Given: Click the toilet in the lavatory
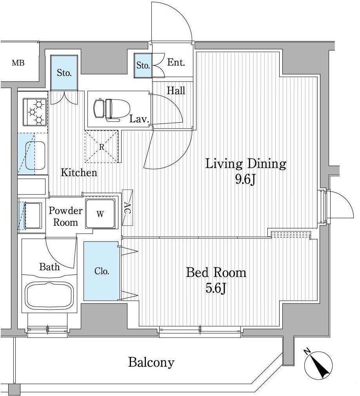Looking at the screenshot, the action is point(111,109).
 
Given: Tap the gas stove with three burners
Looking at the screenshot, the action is point(35,112).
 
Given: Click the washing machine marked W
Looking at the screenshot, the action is point(100,214).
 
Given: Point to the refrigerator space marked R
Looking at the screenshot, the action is point(102,146).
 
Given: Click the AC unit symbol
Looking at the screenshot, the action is point(127,207).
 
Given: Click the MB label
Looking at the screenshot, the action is point(18,63).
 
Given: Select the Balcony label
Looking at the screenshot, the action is point(151,362).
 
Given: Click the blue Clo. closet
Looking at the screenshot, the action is point(101,271).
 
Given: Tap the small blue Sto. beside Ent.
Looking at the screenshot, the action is point(143,65).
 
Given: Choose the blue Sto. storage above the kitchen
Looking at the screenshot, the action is point(64,73).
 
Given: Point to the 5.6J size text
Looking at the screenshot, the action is point(216,288).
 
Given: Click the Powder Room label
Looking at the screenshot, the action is point(65,216).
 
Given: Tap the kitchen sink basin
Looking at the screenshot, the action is point(35,156).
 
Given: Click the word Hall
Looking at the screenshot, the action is point(176,91).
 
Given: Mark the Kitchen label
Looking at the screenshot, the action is point(79,173).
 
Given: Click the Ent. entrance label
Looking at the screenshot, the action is point(176,62).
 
